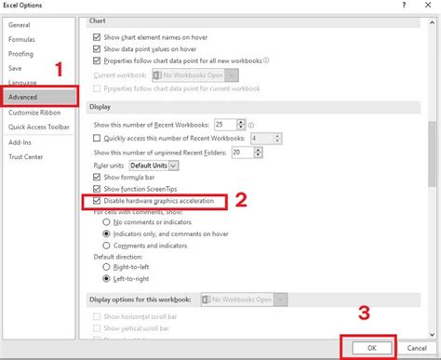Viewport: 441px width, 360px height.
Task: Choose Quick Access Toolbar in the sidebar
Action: (x=39, y=126)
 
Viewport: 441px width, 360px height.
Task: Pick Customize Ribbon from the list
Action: (x=34, y=112)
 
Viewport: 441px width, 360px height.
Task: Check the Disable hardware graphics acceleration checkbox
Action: (x=98, y=200)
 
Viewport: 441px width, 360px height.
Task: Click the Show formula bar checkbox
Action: (x=98, y=177)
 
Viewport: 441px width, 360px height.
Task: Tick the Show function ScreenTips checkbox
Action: (x=98, y=188)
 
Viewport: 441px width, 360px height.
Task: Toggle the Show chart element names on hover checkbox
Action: (x=98, y=36)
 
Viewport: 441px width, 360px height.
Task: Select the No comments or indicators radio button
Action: (x=105, y=223)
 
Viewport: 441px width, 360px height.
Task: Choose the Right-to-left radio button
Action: (x=105, y=264)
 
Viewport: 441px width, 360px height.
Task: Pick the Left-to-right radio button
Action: (x=105, y=276)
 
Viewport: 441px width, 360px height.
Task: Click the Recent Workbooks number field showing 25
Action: (x=222, y=124)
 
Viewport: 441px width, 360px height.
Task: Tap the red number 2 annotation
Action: (x=239, y=200)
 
